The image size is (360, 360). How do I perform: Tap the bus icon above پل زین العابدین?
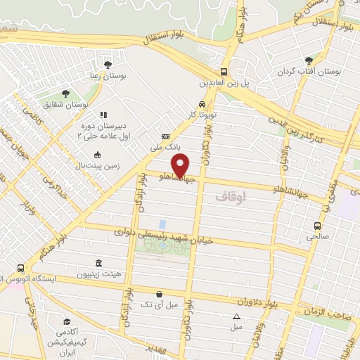pos(224,72)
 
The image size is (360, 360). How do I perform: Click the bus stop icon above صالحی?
pos(318,226)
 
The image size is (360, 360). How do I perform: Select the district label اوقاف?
pos(231,199)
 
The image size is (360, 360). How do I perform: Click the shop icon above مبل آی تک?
pos(160,294)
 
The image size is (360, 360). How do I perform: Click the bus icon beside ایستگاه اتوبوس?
pos(21,268)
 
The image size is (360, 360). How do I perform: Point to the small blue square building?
pos(162,224)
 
